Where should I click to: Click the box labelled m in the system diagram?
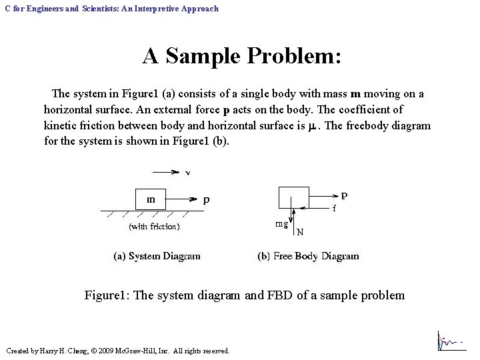tap(151, 199)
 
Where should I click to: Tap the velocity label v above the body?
tap(188, 173)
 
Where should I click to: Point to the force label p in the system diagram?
tap(207, 199)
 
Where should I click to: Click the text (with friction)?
tap(154, 227)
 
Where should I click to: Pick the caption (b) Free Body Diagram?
tap(308, 256)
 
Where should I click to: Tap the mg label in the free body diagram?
tap(282, 224)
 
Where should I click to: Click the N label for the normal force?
tap(300, 232)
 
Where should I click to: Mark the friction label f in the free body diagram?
tap(335, 208)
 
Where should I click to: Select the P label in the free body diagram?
tap(344, 196)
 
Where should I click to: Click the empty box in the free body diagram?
tap(293, 199)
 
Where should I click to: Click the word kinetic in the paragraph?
tap(61, 125)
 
